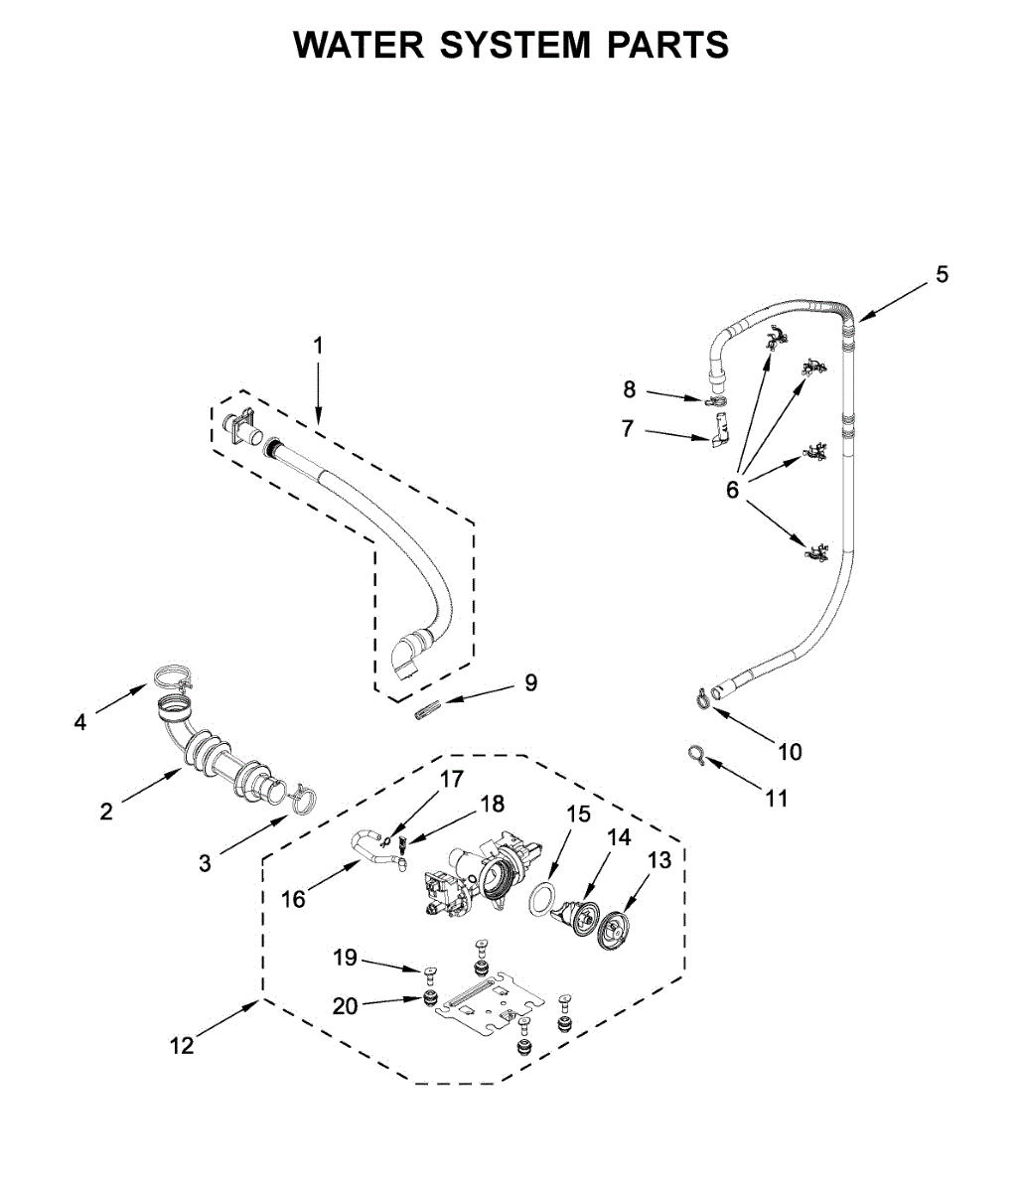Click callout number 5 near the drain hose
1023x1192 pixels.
942,274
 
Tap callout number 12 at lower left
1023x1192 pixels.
181,1045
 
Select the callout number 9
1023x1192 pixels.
530,682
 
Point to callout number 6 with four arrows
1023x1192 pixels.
733,489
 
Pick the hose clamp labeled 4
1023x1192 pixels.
173,679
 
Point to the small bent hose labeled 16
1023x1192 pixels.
375,851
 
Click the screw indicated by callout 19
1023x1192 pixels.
431,971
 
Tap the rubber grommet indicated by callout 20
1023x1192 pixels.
431,996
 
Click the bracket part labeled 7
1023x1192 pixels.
720,433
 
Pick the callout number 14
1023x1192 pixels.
619,837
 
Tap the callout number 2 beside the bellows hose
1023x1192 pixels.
106,812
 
